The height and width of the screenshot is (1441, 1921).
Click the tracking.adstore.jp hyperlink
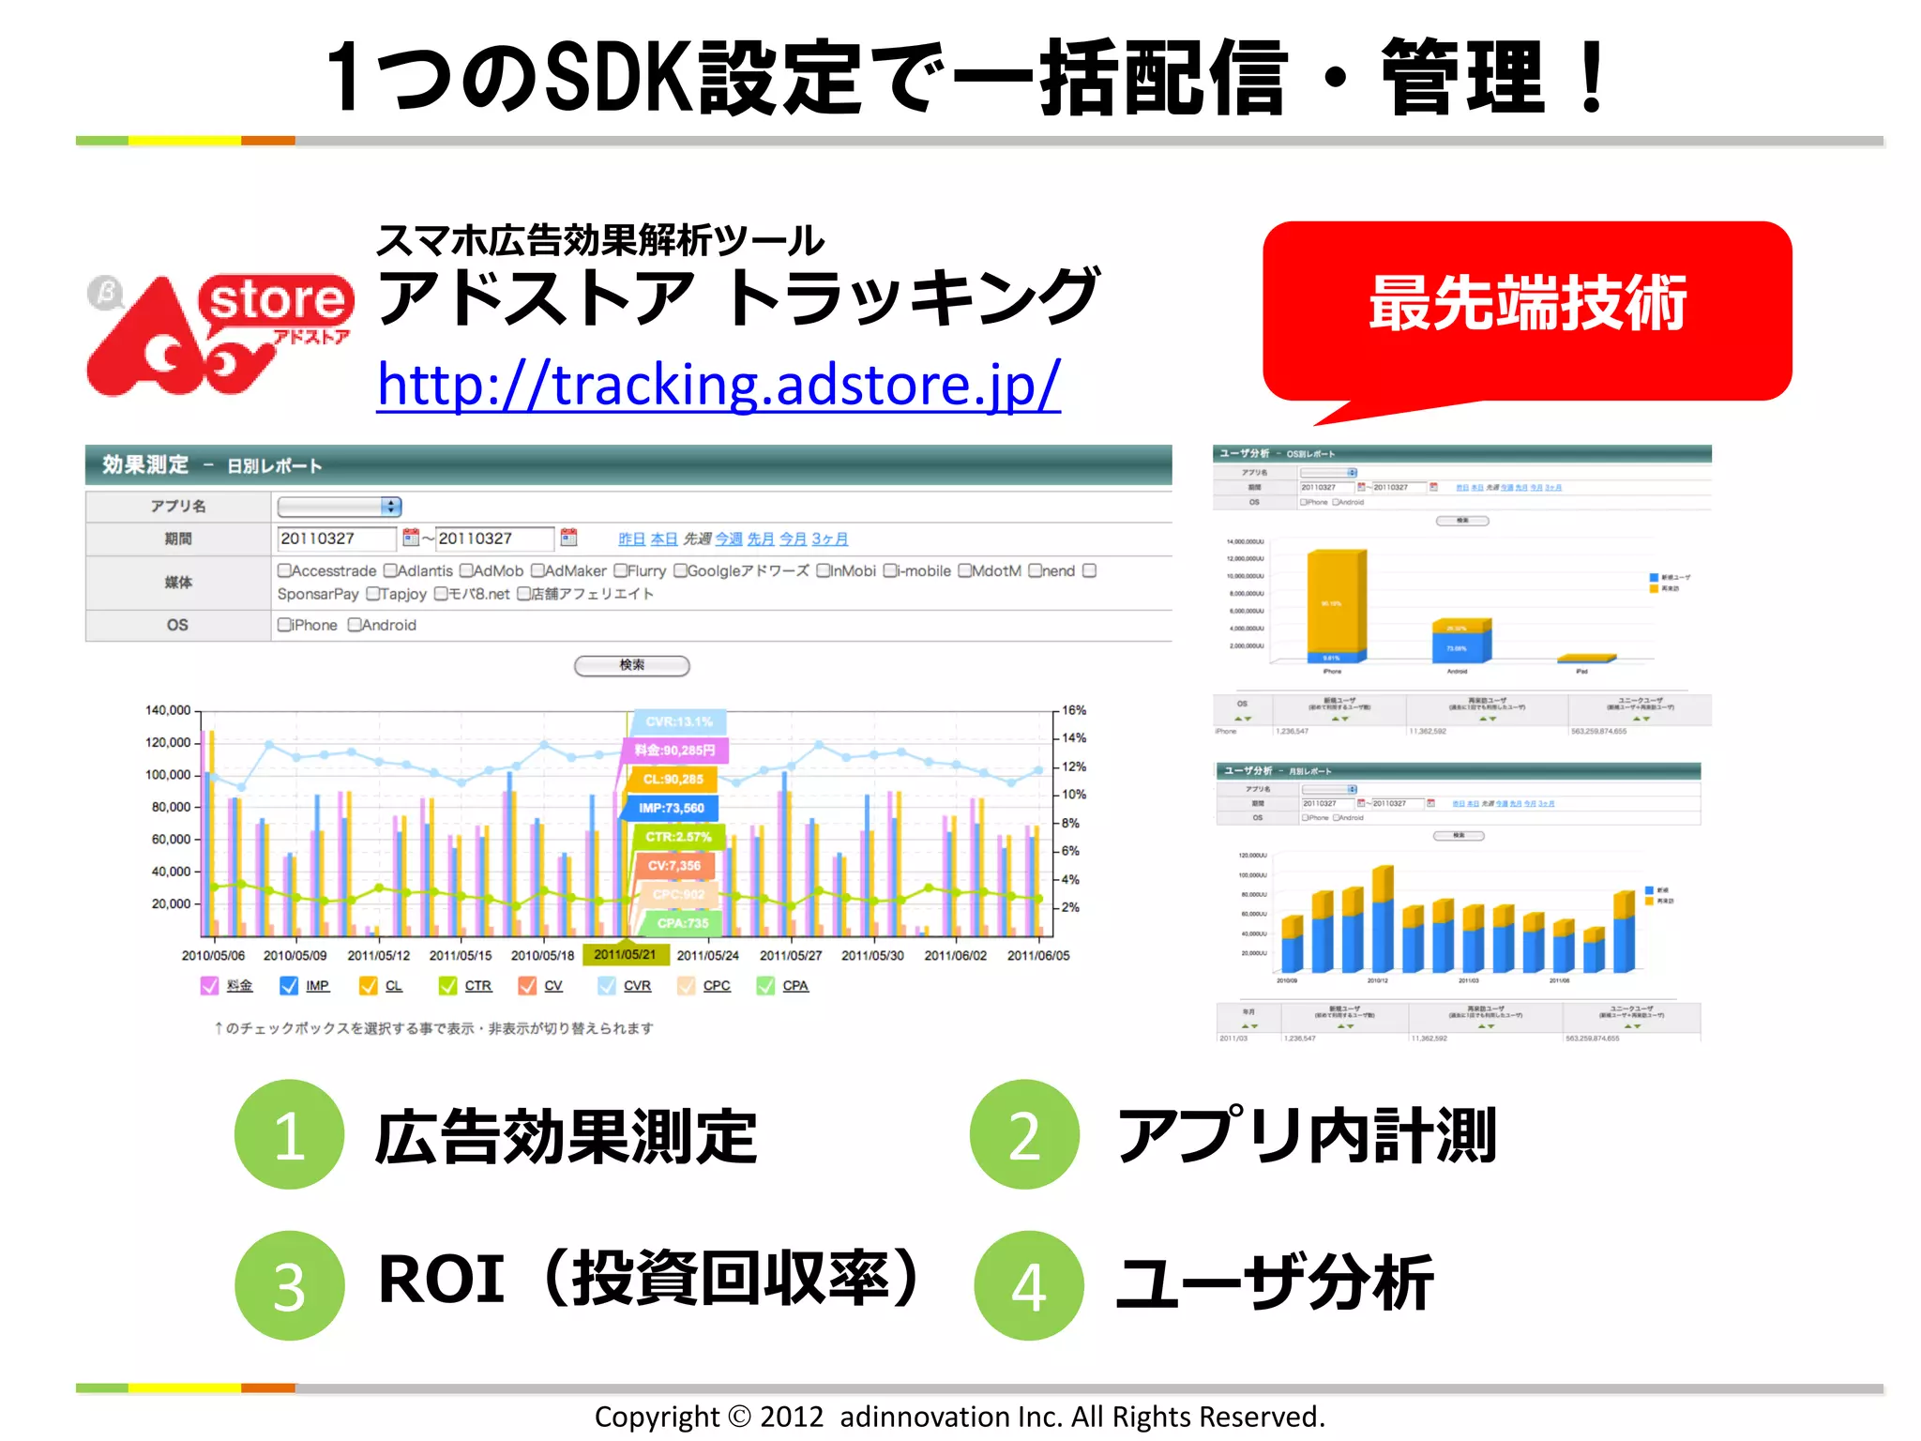[x=718, y=385]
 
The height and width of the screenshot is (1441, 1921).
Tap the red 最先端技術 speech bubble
[x=1527, y=305]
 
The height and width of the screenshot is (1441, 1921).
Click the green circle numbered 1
[x=289, y=1135]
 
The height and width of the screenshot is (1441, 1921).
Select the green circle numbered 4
[x=1028, y=1285]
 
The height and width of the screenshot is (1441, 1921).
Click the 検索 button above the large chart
[x=631, y=665]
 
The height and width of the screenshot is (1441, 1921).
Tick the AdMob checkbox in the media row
[x=466, y=570]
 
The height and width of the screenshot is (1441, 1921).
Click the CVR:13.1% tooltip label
[x=679, y=721]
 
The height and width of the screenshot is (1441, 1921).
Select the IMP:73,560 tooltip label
[x=672, y=808]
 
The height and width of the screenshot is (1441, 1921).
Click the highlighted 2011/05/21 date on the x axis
[x=625, y=954]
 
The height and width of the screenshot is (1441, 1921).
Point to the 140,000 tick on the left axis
[x=168, y=710]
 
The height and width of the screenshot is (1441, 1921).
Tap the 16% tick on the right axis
[x=1074, y=710]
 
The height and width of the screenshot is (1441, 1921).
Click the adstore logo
[x=219, y=333]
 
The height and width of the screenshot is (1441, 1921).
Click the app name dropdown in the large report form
[x=340, y=507]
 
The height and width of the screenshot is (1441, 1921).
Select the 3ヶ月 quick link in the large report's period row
[x=829, y=538]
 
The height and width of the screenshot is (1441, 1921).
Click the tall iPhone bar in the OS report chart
[x=1336, y=600]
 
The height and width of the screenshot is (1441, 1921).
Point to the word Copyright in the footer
[x=657, y=1416]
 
